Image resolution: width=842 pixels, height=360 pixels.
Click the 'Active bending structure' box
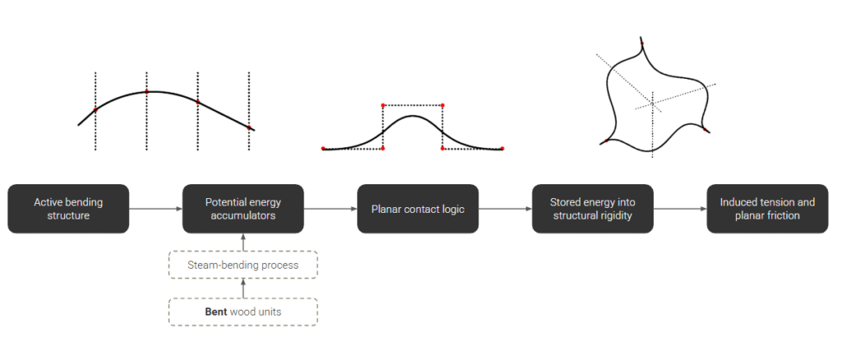click(x=68, y=209)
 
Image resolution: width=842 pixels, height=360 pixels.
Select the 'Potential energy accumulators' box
click(x=243, y=209)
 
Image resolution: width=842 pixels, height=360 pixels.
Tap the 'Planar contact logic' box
click(x=418, y=209)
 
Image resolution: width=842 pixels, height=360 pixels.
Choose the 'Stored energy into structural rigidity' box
click(x=592, y=209)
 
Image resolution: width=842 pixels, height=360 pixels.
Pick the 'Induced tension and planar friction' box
click(x=767, y=209)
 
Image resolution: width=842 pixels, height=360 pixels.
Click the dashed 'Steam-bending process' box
click(x=243, y=265)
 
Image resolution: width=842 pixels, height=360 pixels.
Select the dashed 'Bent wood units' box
click(x=243, y=312)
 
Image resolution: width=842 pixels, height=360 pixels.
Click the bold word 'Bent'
click(x=217, y=312)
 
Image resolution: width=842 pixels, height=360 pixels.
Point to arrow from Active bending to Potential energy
click(x=155, y=209)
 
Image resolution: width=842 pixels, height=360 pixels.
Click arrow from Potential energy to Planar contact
click(x=330, y=209)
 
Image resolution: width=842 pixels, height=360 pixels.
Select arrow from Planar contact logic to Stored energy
click(x=505, y=209)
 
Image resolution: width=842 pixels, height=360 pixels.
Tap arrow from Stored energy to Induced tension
click(x=679, y=209)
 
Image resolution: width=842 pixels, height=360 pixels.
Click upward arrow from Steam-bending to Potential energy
click(x=243, y=242)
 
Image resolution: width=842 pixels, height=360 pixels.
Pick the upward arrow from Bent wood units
click(x=243, y=288)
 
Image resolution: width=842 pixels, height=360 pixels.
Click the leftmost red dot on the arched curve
click(x=95, y=109)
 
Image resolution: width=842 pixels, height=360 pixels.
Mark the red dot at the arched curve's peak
click(x=147, y=91)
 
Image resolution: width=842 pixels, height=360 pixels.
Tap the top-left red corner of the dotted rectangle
click(x=384, y=105)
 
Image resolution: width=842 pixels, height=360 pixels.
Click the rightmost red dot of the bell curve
click(x=502, y=148)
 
